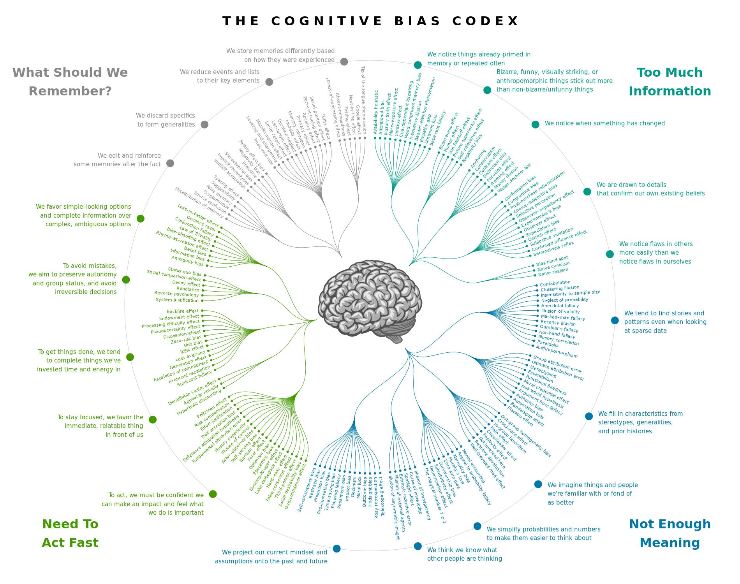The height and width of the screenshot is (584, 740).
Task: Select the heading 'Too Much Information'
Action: [670, 82]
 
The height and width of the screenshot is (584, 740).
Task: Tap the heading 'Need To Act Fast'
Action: [70, 533]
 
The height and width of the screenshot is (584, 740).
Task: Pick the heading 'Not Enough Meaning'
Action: [670, 533]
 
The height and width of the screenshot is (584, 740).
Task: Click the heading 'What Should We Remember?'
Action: [70, 82]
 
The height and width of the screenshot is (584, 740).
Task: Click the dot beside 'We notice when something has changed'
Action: [536, 124]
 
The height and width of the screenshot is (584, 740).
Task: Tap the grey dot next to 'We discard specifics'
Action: [204, 124]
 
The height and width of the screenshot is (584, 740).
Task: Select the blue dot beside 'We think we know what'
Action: [418, 546]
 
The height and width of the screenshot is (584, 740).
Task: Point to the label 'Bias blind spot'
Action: [552, 260]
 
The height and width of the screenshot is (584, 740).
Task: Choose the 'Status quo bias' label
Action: [185, 271]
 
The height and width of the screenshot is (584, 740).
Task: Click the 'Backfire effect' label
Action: [183, 311]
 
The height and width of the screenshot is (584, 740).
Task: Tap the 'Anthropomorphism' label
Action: [557, 351]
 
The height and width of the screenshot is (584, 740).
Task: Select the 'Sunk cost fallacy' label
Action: [194, 379]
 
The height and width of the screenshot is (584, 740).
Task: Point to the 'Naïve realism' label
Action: [553, 272]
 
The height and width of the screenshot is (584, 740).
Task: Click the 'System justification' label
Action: [177, 300]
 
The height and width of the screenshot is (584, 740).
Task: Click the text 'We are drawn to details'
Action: [631, 185]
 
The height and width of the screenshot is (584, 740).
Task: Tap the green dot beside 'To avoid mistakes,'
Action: [126, 280]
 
